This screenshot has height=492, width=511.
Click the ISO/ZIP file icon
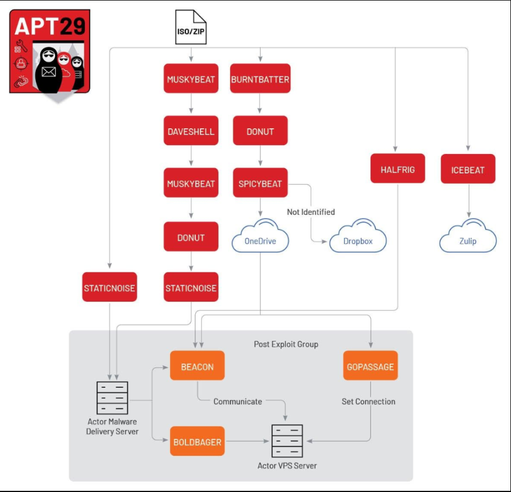point(191,28)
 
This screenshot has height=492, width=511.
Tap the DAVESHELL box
point(191,131)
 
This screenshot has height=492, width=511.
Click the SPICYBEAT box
point(260,183)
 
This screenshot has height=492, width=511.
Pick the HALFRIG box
point(398,169)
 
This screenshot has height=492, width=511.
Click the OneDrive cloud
point(260,237)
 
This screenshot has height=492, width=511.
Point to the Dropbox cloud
point(358,237)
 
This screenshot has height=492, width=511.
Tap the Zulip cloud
point(468,237)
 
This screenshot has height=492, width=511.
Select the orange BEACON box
point(197,367)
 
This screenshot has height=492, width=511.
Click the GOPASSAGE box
point(370,367)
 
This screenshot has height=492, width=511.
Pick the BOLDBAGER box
point(197,442)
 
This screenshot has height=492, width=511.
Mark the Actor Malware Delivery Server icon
point(112,398)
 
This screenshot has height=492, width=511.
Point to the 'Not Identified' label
point(311,211)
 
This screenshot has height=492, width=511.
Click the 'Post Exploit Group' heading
point(286,344)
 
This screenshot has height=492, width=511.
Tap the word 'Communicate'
point(238,401)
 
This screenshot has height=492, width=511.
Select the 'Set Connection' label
point(368,401)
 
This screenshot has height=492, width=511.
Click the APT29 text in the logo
point(50,25)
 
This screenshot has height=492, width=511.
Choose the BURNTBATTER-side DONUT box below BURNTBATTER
point(260,131)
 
